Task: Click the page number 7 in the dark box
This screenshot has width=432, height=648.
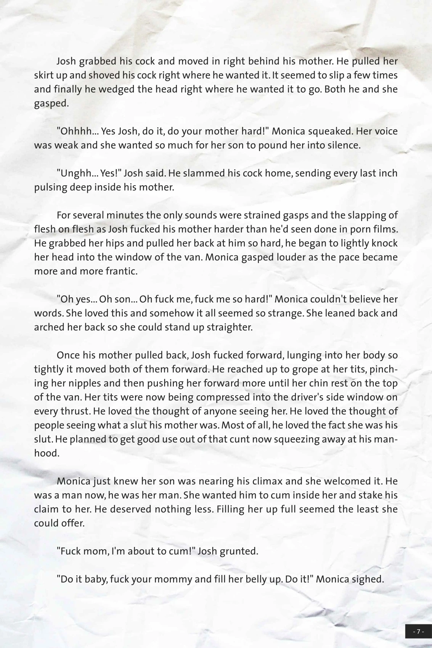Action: click(x=418, y=632)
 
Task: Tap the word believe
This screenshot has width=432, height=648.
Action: click(x=358, y=299)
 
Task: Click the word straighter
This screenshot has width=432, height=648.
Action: click(x=229, y=327)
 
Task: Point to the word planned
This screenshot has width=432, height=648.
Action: click(x=88, y=439)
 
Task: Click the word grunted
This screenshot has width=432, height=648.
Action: click(x=239, y=551)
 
